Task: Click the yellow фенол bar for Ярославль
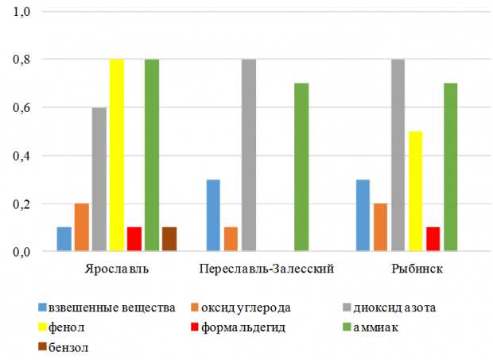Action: [117, 156]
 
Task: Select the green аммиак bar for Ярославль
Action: [152, 156]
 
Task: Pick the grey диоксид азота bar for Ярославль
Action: [99, 180]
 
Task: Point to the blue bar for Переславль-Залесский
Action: [213, 215]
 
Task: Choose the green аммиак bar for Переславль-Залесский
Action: [301, 168]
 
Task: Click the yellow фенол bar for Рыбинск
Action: [416, 192]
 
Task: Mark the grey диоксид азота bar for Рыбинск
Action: [398, 156]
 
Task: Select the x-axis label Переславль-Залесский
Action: [266, 269]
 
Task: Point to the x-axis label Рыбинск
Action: [416, 269]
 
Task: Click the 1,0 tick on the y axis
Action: [19, 11]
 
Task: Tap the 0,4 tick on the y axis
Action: [19, 156]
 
